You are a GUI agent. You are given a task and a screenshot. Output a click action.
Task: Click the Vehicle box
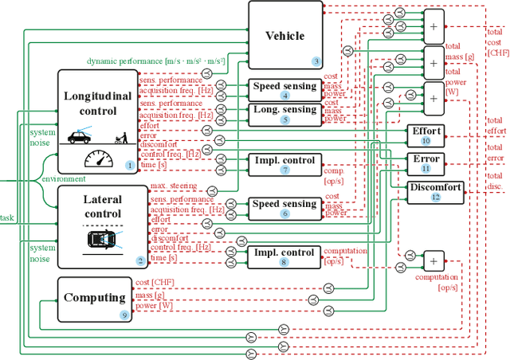pos(286,35)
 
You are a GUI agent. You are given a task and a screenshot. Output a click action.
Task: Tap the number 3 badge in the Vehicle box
pos(316,61)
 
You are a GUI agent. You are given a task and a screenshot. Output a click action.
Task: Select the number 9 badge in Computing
pos(124,315)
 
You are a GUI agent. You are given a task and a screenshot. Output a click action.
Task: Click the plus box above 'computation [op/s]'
pos(433,260)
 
